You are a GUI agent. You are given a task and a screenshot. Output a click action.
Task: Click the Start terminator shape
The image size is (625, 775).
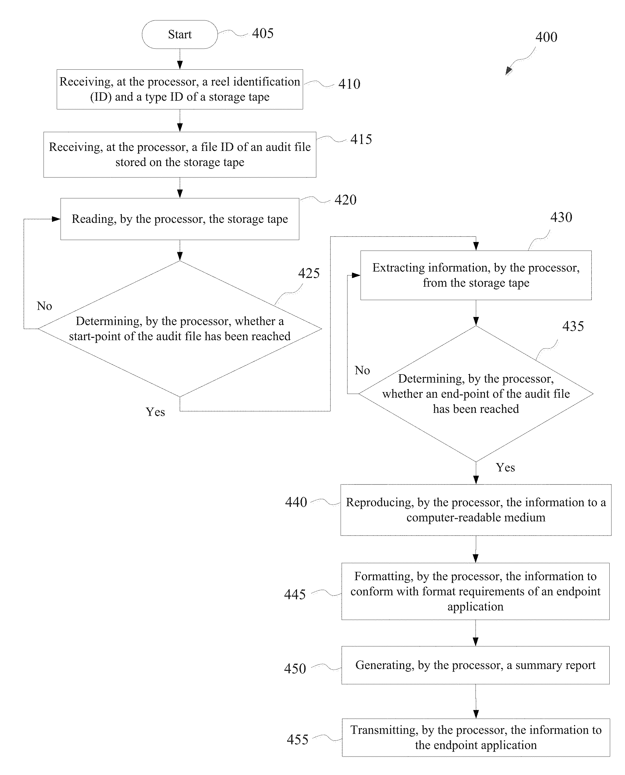point(180,35)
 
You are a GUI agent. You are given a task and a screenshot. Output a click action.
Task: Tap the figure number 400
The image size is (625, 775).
point(546,37)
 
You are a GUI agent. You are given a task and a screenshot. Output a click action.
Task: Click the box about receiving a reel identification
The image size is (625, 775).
point(180,89)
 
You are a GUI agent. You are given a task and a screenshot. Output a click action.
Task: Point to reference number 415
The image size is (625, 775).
point(361,139)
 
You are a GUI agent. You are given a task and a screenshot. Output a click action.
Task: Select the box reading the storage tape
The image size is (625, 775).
point(180,219)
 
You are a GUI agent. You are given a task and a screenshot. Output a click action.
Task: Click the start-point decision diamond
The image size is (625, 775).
point(180,329)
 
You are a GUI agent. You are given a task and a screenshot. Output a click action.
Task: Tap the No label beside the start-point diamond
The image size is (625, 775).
point(44,306)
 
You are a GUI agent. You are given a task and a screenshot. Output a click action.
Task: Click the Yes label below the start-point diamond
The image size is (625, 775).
point(155,412)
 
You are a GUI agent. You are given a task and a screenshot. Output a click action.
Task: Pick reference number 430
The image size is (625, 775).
point(561,218)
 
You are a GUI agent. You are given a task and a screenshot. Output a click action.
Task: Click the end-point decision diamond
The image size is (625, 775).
point(476,394)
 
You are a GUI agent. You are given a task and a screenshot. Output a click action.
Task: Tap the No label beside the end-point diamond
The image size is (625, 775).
point(362,370)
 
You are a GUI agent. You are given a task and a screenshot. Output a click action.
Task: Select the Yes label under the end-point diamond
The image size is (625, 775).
point(505,467)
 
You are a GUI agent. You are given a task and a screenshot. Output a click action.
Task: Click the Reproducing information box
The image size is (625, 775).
point(476,510)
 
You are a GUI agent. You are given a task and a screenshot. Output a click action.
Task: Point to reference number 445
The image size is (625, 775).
point(295,595)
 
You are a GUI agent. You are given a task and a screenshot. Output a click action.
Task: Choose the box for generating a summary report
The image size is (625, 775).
point(476,665)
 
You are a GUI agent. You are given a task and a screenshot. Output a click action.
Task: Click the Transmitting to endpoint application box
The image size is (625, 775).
point(476,738)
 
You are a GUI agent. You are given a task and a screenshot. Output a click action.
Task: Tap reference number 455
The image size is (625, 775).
point(297,740)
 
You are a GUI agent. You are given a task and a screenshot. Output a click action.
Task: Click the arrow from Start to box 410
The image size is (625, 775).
point(180,59)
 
